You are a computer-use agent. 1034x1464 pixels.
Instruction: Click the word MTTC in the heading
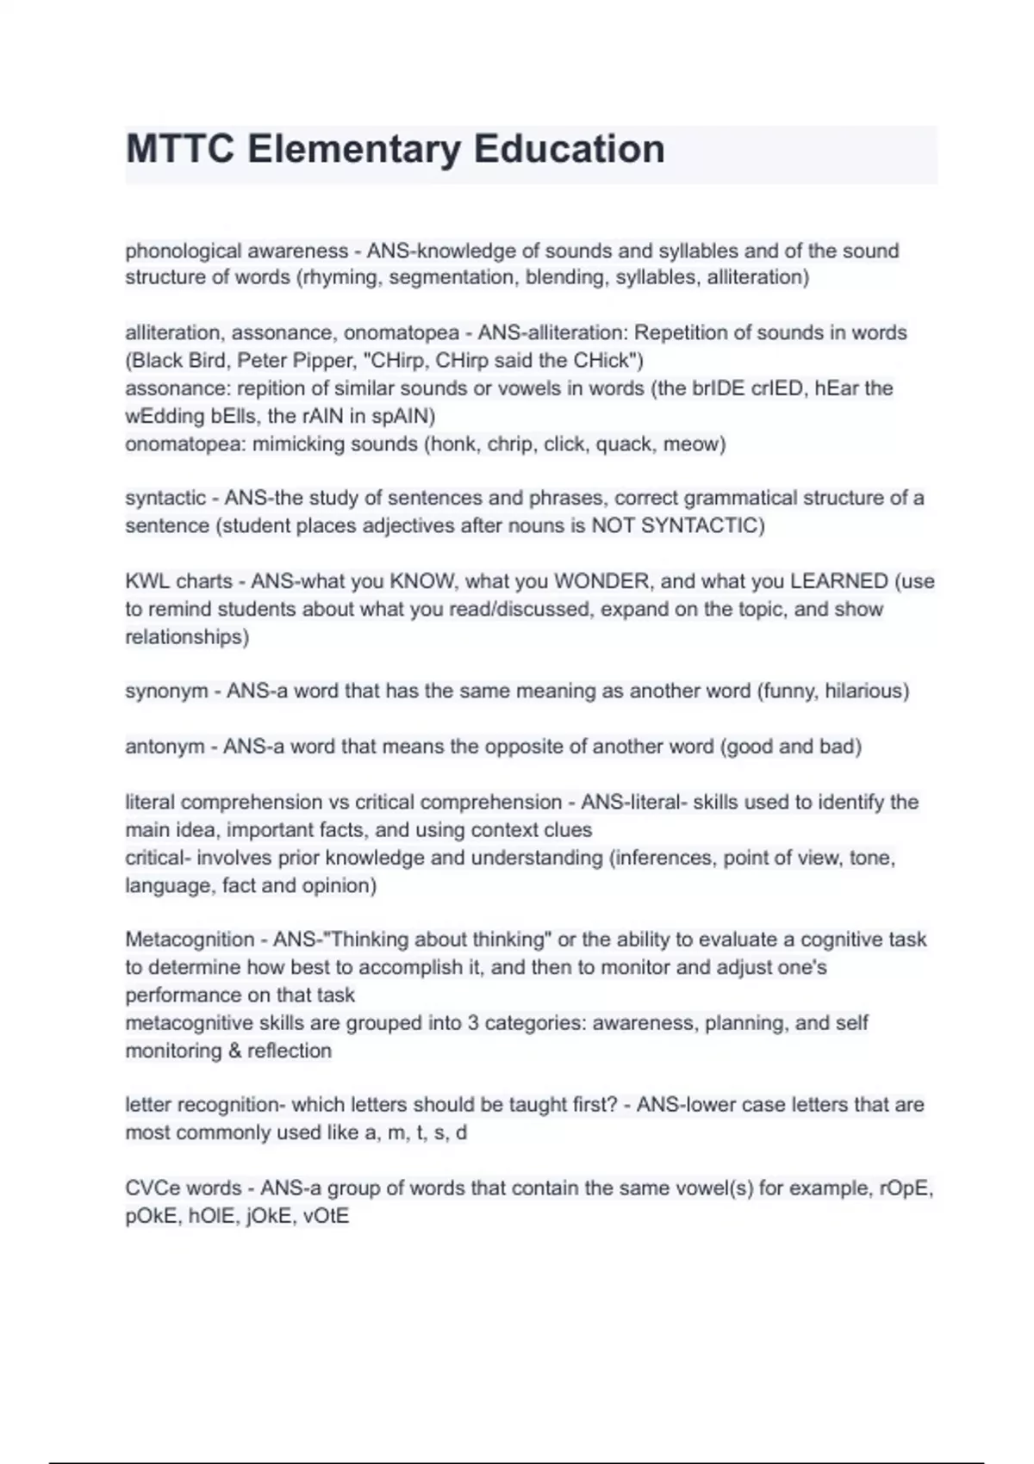click(x=180, y=149)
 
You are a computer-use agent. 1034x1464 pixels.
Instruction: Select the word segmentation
click(x=450, y=277)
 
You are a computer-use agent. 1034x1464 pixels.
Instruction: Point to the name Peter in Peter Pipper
click(x=262, y=360)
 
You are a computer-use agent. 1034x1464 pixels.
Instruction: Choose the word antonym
click(x=165, y=747)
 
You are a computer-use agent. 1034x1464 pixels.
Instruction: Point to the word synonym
click(x=166, y=691)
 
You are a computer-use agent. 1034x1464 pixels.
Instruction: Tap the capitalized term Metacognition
click(x=190, y=940)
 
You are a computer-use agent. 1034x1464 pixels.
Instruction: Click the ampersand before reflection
click(x=233, y=1051)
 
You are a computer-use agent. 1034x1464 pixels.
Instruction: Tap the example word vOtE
click(x=327, y=1217)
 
